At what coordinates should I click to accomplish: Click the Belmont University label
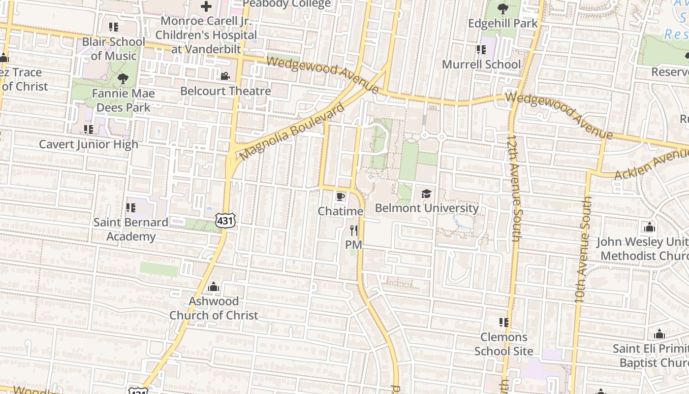tap(427, 208)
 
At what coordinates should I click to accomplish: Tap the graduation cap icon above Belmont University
tap(426, 194)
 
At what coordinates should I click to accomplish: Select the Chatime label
tap(341, 211)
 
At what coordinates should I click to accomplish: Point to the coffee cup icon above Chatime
tap(340, 197)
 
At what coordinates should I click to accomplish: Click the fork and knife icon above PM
tap(353, 230)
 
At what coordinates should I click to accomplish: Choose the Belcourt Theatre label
tap(225, 91)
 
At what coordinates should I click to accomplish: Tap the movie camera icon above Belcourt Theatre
tap(225, 76)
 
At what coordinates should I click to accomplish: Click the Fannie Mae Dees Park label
tap(123, 100)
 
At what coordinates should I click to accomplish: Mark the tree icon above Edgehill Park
tap(503, 9)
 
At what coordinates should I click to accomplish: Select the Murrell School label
tap(481, 65)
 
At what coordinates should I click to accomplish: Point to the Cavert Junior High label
tap(89, 144)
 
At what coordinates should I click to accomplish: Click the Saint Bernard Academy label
tap(131, 230)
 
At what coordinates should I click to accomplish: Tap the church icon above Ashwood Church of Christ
tap(214, 287)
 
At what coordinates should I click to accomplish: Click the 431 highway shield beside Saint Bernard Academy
tap(225, 221)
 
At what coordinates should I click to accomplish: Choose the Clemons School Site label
tap(503, 344)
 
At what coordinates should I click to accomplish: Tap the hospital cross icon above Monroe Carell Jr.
tap(206, 7)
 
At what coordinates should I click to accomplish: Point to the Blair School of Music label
tap(114, 49)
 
